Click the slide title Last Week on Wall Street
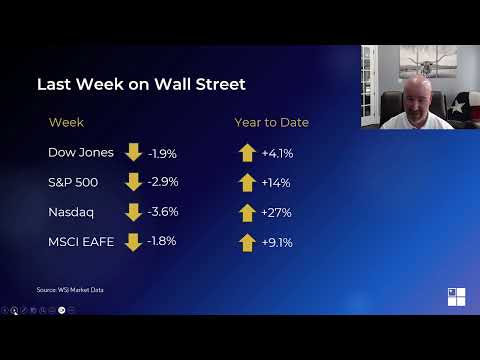(x=141, y=84)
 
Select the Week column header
(x=66, y=122)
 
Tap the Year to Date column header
(x=271, y=122)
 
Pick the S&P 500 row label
(x=74, y=183)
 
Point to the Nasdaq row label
(x=70, y=212)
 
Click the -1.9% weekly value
(x=162, y=154)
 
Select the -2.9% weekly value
(x=162, y=183)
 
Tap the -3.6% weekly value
(x=162, y=212)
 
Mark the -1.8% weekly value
(x=161, y=241)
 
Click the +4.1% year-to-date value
(x=276, y=154)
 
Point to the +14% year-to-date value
(x=275, y=183)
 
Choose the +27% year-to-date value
(x=275, y=212)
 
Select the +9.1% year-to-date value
(x=276, y=242)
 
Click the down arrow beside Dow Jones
(x=133, y=153)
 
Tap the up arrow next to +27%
(x=247, y=212)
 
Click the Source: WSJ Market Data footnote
(x=70, y=290)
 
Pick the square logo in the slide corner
(x=456, y=296)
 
